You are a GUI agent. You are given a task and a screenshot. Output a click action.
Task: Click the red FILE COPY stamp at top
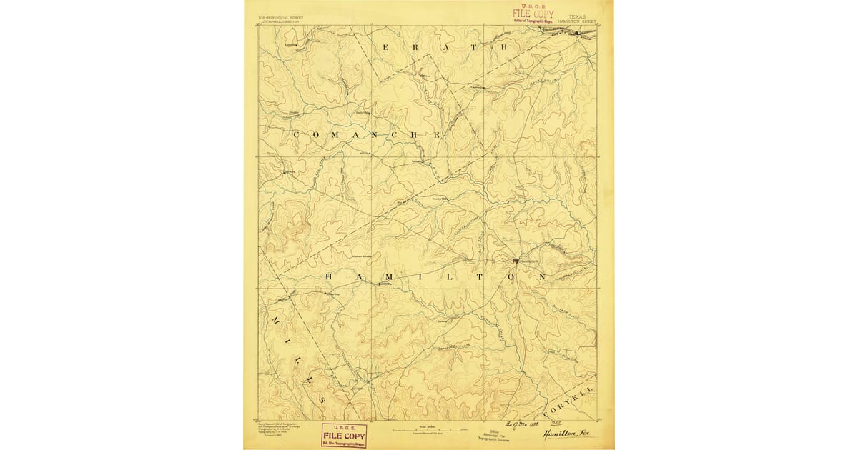click(x=533, y=15)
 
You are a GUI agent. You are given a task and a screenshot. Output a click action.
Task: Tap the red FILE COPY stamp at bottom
click(x=344, y=434)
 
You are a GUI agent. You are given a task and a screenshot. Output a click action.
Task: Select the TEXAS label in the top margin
click(x=576, y=15)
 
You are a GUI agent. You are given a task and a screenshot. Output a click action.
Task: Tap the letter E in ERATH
click(x=387, y=47)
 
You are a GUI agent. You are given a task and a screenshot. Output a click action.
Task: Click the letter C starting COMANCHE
click(x=295, y=134)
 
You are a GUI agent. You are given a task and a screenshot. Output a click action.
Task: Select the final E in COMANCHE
click(x=434, y=134)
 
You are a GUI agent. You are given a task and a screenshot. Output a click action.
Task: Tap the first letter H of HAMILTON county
click(x=330, y=276)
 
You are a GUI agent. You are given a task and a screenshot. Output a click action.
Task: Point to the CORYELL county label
click(x=569, y=404)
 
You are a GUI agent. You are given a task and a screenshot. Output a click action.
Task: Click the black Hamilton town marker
click(x=516, y=261)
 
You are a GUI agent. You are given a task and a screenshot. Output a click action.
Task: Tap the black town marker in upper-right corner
click(x=576, y=32)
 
